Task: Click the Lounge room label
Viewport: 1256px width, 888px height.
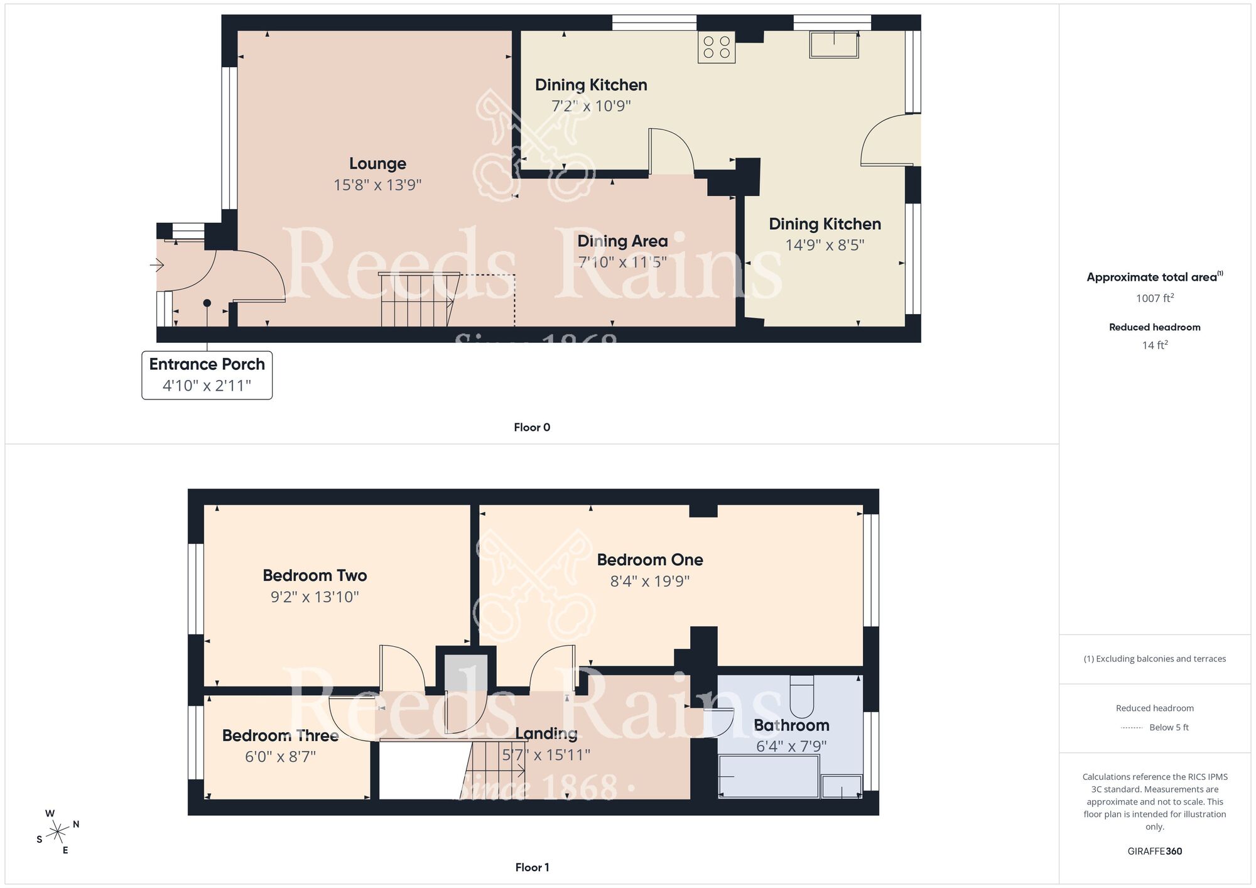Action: click(x=377, y=164)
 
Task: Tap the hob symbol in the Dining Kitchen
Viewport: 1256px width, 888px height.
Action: click(x=717, y=47)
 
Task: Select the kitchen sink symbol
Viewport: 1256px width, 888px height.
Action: click(x=834, y=45)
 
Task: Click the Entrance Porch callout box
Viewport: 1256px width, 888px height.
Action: click(x=207, y=375)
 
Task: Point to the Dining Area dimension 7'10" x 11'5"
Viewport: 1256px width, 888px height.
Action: click(x=622, y=262)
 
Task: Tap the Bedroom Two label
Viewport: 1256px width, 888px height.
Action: click(x=315, y=575)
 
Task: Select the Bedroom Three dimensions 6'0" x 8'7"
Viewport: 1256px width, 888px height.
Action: click(x=280, y=757)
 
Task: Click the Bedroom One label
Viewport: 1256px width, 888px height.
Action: click(x=649, y=560)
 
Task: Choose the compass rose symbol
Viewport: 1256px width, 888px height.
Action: click(x=58, y=832)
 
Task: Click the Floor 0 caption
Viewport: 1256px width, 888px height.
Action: click(x=531, y=427)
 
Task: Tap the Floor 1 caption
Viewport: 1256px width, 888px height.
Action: click(x=531, y=867)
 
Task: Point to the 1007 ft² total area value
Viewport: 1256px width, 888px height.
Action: click(x=1154, y=298)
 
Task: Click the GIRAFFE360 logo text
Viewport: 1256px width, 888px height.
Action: click(x=1154, y=851)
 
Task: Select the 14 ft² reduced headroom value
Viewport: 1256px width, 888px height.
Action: click(x=1154, y=345)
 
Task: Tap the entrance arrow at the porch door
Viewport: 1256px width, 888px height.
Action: click(x=156, y=266)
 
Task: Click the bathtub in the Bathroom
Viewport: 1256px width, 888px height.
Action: click(x=769, y=776)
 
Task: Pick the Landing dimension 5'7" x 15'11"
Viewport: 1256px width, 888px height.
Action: click(x=546, y=754)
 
